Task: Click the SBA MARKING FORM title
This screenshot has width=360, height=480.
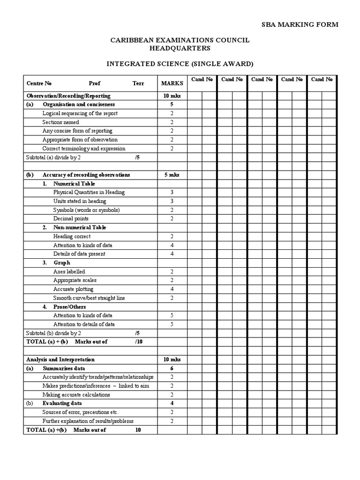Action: (x=299, y=24)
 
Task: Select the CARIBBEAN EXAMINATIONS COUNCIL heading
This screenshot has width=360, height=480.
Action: (x=180, y=40)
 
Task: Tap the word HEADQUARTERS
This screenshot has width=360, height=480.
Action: (x=180, y=48)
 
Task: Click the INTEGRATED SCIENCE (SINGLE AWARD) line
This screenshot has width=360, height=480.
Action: (x=180, y=63)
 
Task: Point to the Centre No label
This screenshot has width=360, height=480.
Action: (x=39, y=83)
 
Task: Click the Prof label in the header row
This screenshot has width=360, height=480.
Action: (x=94, y=83)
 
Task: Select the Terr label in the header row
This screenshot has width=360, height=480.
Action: (x=138, y=83)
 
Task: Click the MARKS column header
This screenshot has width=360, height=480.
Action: (x=172, y=83)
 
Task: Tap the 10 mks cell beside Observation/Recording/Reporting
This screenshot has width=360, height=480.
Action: (x=172, y=96)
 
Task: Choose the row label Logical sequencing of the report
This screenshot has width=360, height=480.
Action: (x=80, y=113)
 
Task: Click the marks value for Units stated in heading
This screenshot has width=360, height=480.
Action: (x=172, y=201)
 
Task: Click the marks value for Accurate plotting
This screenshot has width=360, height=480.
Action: (x=172, y=289)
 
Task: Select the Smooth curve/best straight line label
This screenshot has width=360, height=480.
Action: (x=89, y=298)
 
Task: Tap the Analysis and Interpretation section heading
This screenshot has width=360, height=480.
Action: (x=60, y=360)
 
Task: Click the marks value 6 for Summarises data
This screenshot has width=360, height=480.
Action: (x=172, y=368)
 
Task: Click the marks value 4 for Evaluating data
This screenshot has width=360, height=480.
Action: (x=172, y=403)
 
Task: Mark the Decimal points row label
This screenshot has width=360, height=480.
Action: (x=71, y=218)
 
